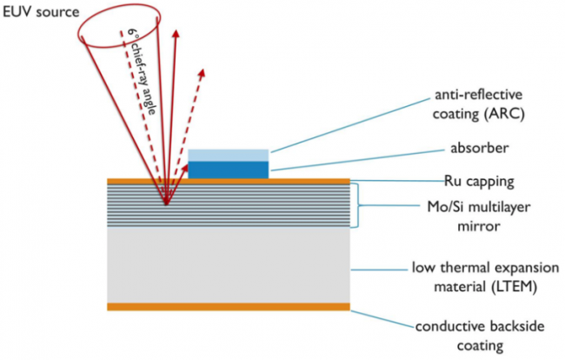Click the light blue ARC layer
tap(229, 155)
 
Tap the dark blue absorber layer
tap(229, 169)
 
